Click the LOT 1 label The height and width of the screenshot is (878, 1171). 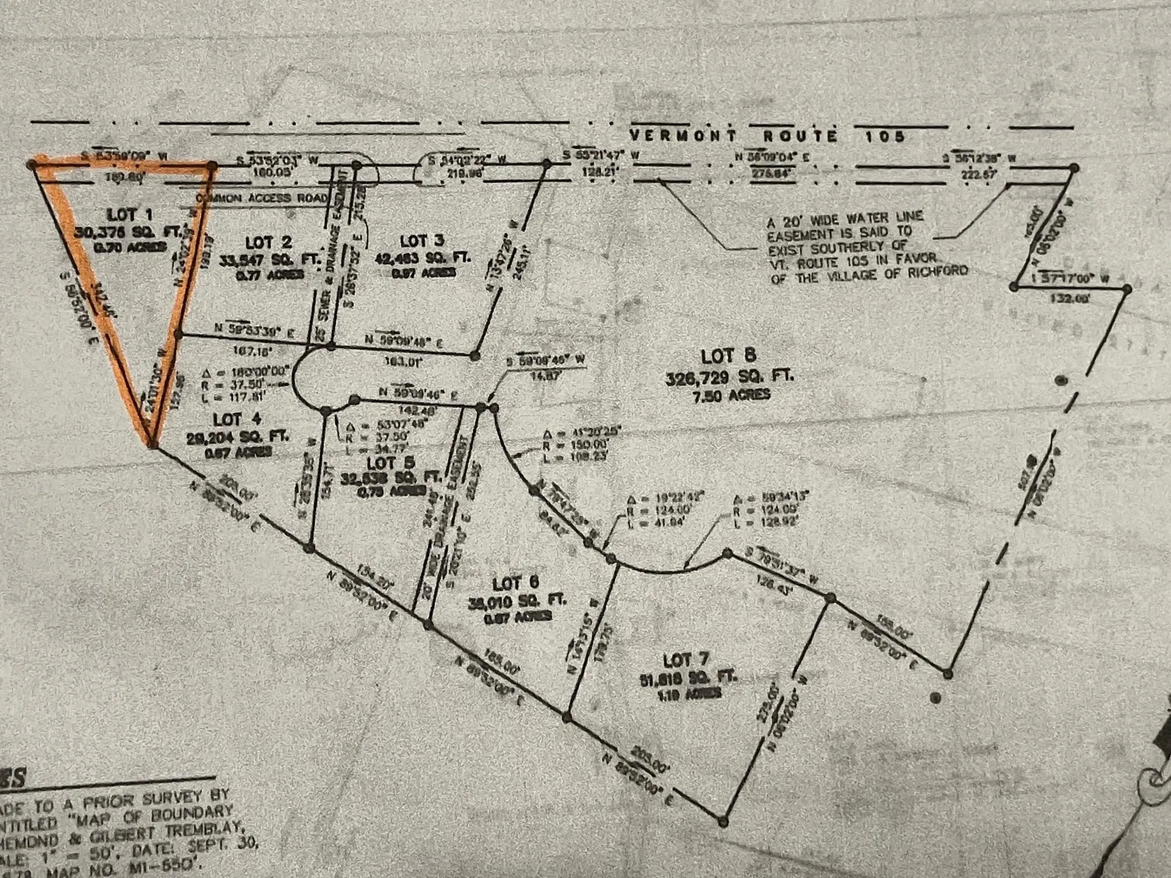click(129, 215)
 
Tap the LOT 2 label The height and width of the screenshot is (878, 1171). click(268, 243)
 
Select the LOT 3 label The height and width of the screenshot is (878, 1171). click(422, 241)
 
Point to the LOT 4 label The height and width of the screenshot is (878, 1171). click(237, 419)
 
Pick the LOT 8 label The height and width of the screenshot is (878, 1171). click(728, 356)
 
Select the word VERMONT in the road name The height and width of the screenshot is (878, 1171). click(682, 135)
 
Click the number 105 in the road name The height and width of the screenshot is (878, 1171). click(884, 136)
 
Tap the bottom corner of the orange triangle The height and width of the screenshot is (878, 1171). click(151, 444)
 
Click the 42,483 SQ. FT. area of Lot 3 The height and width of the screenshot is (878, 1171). click(423, 258)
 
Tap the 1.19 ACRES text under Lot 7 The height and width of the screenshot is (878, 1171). click(689, 693)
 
